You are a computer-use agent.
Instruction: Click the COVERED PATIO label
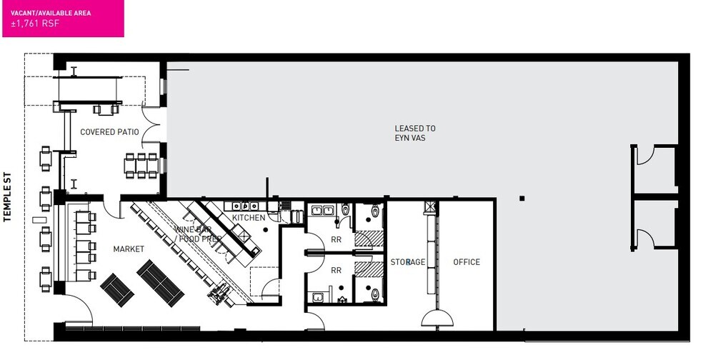click(x=109, y=132)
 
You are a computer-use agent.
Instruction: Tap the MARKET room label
click(x=129, y=249)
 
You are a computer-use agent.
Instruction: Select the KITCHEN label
click(x=249, y=217)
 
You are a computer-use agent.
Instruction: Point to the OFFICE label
click(x=467, y=262)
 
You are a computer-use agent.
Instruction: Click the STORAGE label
click(x=407, y=262)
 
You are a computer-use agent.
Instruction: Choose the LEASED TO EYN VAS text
click(x=414, y=133)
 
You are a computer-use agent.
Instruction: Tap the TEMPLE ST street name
click(x=6, y=197)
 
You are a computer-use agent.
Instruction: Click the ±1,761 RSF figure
click(x=35, y=24)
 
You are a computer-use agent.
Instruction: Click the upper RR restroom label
click(x=336, y=240)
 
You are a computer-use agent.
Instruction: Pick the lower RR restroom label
click(x=336, y=270)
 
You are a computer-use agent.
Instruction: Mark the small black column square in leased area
click(x=522, y=198)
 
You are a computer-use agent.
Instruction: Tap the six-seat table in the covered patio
click(x=141, y=166)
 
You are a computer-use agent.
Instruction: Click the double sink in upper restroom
click(x=323, y=210)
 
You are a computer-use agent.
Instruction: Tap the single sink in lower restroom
click(x=319, y=297)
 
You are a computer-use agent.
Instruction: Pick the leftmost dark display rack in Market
click(x=116, y=289)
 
